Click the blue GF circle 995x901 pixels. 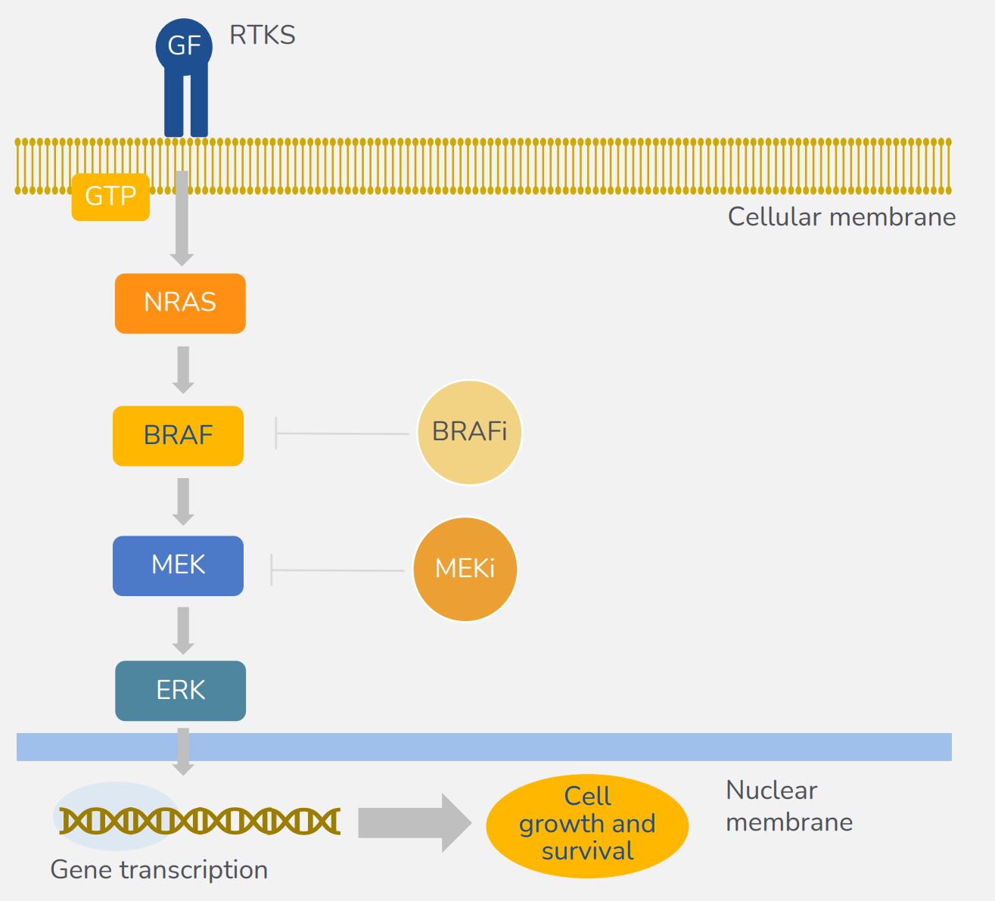point(184,46)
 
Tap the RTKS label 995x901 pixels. point(263,36)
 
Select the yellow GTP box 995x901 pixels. point(110,197)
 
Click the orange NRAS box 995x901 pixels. point(180,303)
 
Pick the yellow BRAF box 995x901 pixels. point(178,436)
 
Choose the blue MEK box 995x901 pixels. point(178,566)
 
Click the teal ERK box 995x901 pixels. point(181,691)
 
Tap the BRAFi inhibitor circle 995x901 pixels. point(469,432)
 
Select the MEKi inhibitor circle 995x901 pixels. point(465,569)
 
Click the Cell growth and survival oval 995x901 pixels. point(587,826)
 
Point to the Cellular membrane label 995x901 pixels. point(841,217)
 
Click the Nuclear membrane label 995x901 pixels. point(789,806)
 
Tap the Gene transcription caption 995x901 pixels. point(159,870)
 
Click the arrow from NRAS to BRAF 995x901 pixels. point(183,370)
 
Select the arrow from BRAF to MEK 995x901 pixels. point(183,502)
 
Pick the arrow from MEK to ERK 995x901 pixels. point(183,631)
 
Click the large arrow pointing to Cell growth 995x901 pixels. point(415,822)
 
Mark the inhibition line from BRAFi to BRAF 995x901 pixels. point(342,433)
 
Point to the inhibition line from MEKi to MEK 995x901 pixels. point(337,570)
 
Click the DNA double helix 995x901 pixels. point(200,821)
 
